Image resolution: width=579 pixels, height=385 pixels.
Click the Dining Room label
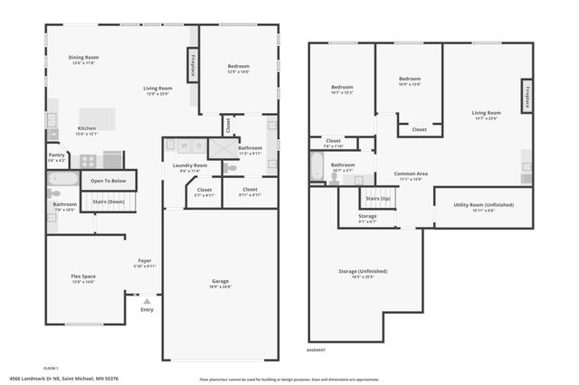tap(83, 58)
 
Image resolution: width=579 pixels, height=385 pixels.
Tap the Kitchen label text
tap(87, 128)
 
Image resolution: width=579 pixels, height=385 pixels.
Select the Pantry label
tap(56, 155)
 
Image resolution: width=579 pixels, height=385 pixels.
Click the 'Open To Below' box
tap(107, 181)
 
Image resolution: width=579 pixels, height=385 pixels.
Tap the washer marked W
tap(184, 146)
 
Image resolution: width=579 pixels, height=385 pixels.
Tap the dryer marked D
tap(198, 146)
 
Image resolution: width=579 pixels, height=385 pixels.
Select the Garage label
tap(220, 282)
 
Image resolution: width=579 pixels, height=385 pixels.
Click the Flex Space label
tap(83, 277)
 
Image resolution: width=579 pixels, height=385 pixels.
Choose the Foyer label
tap(145, 261)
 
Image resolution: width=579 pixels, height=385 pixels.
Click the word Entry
tap(147, 310)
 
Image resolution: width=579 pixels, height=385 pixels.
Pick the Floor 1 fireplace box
tap(193, 66)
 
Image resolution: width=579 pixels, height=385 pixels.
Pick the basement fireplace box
tap(525, 96)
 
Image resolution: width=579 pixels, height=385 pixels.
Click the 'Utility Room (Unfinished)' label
tap(483, 205)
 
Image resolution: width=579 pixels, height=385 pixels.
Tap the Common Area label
tap(410, 173)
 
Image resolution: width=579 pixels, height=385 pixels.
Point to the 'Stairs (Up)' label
tap(378, 197)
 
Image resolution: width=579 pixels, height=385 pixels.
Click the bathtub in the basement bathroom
tap(317, 166)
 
